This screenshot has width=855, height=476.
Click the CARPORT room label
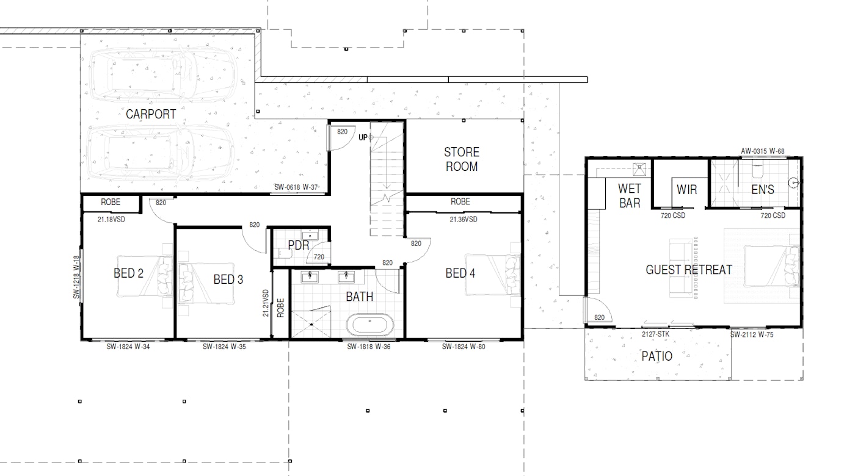tap(151, 114)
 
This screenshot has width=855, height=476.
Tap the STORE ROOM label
tap(462, 159)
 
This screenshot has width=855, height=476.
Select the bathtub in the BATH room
tap(369, 325)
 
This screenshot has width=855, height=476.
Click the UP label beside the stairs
tap(363, 137)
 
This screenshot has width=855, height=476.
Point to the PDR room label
tap(299, 245)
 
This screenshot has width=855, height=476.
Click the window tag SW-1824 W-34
tap(128, 347)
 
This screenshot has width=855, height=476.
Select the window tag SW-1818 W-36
tap(369, 347)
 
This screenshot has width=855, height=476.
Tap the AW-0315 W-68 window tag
tap(763, 151)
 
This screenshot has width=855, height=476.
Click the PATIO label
tap(657, 356)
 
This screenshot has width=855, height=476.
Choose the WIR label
tap(686, 190)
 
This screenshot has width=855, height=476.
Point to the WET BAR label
tap(630, 196)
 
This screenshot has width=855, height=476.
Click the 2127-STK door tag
tap(655, 334)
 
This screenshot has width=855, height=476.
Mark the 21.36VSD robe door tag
tap(464, 219)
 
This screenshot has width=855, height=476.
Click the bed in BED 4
tap(493, 275)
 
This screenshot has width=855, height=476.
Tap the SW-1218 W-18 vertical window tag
tap(76, 277)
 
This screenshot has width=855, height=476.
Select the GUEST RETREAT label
tap(689, 270)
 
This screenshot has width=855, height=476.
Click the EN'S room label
tap(763, 190)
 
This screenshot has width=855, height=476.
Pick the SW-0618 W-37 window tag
tap(296, 187)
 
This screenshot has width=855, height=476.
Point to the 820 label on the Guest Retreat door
tap(599, 317)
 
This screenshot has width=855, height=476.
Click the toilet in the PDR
tap(285, 253)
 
